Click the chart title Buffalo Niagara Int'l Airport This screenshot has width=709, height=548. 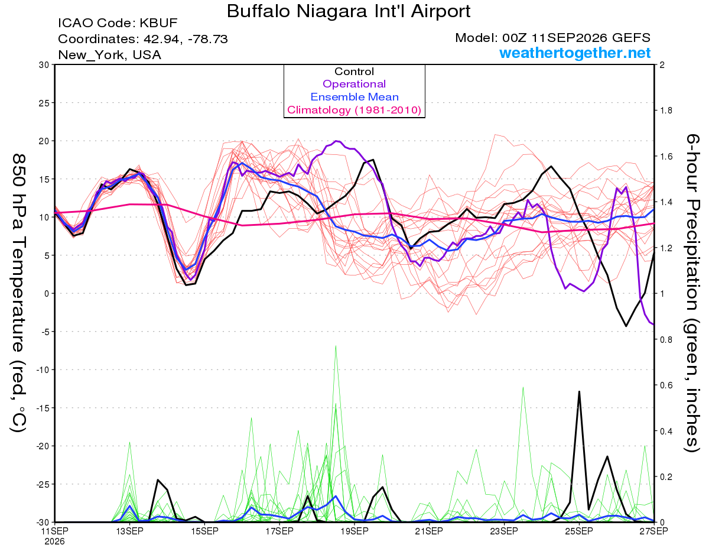(x=349, y=11)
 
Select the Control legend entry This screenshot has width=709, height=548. (x=354, y=72)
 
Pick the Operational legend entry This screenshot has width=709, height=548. (x=354, y=84)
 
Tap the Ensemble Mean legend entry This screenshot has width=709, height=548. (x=354, y=97)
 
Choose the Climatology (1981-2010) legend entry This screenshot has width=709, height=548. (x=354, y=110)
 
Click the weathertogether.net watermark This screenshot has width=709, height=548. (x=575, y=53)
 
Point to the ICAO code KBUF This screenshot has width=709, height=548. (x=158, y=23)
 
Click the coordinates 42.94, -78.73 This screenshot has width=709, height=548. (x=186, y=39)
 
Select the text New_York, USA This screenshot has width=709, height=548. (x=110, y=55)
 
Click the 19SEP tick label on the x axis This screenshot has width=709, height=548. (x=354, y=531)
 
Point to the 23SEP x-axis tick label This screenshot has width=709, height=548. (x=504, y=531)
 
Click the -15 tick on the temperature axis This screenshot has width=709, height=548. (x=43, y=408)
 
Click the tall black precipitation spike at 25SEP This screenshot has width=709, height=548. (x=579, y=391)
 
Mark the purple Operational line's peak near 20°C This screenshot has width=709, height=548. (x=337, y=141)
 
